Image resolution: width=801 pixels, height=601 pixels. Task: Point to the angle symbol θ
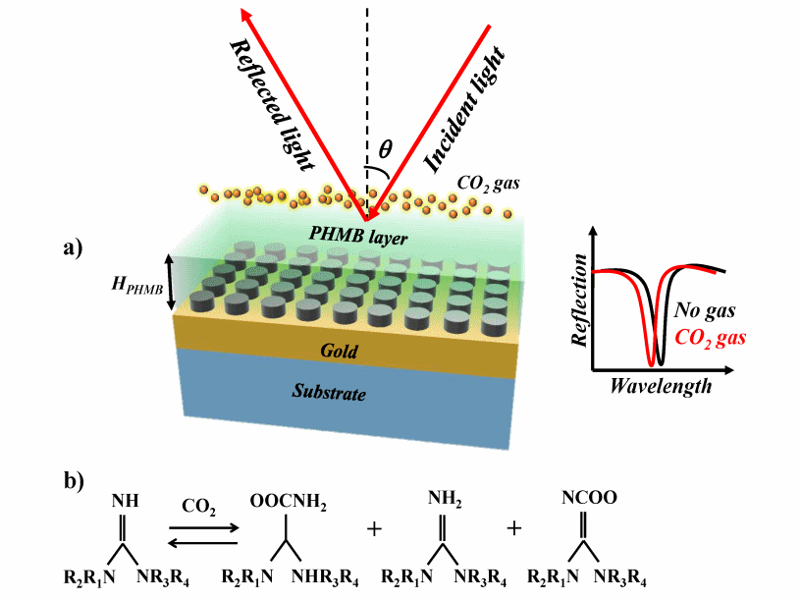point(386,149)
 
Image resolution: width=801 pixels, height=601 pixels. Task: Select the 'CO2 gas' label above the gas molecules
point(488,183)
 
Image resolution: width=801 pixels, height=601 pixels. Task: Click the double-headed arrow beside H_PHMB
point(169,280)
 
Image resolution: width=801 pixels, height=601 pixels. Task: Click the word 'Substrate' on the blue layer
point(329,393)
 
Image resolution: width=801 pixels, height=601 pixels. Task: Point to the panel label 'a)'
point(76,247)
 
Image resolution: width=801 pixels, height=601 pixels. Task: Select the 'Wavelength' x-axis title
point(661,386)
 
